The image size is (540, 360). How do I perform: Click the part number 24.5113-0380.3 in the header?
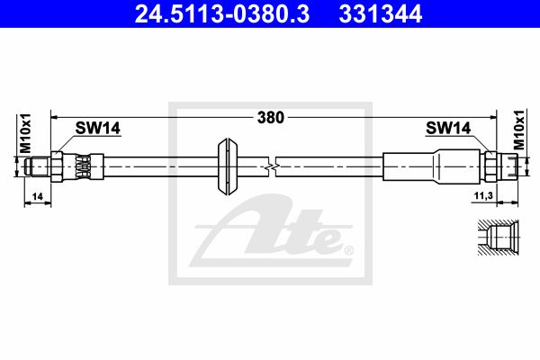[222, 13]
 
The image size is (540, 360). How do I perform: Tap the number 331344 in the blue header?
[381, 13]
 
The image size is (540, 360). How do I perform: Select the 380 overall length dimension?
[271, 118]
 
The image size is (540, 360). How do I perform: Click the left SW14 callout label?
[98, 128]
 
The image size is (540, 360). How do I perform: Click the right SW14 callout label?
[448, 128]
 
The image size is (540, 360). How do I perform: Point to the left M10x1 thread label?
[25, 133]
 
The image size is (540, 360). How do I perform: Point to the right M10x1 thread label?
[519, 130]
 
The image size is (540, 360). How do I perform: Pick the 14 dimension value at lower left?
[37, 196]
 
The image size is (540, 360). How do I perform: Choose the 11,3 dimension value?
[483, 195]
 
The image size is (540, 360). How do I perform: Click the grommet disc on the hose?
[228, 166]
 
